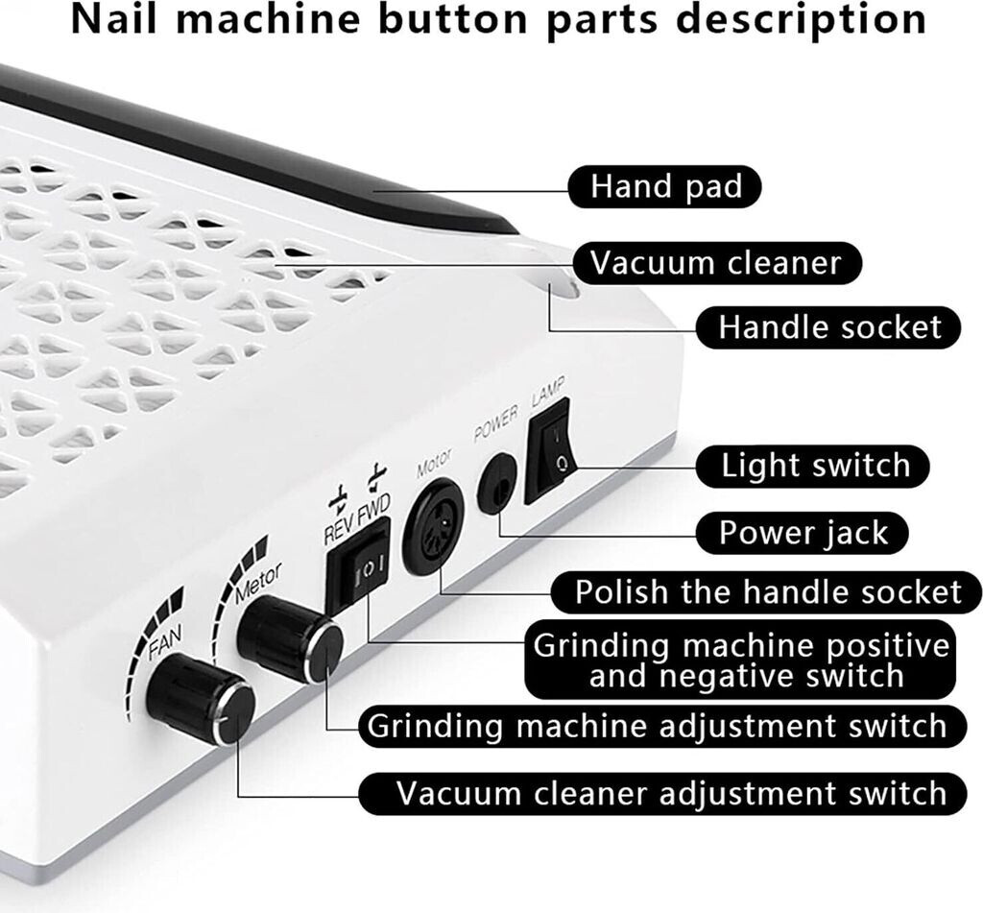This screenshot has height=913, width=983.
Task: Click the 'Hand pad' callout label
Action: tap(665, 186)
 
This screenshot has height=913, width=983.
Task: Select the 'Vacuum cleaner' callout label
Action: tap(715, 262)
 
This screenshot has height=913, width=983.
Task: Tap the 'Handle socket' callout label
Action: tap(829, 327)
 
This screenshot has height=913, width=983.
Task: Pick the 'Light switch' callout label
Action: tap(815, 467)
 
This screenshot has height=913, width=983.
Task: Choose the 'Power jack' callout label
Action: tap(803, 533)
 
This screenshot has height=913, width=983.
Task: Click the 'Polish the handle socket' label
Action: tap(767, 591)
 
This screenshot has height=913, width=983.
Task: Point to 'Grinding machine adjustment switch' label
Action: tap(658, 726)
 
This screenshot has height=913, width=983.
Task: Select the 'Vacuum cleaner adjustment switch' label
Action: tap(671, 794)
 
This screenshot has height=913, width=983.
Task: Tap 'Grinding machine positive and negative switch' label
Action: tap(741, 660)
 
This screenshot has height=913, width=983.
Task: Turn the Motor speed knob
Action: tap(290, 638)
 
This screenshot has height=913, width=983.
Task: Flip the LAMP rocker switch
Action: tap(547, 450)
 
